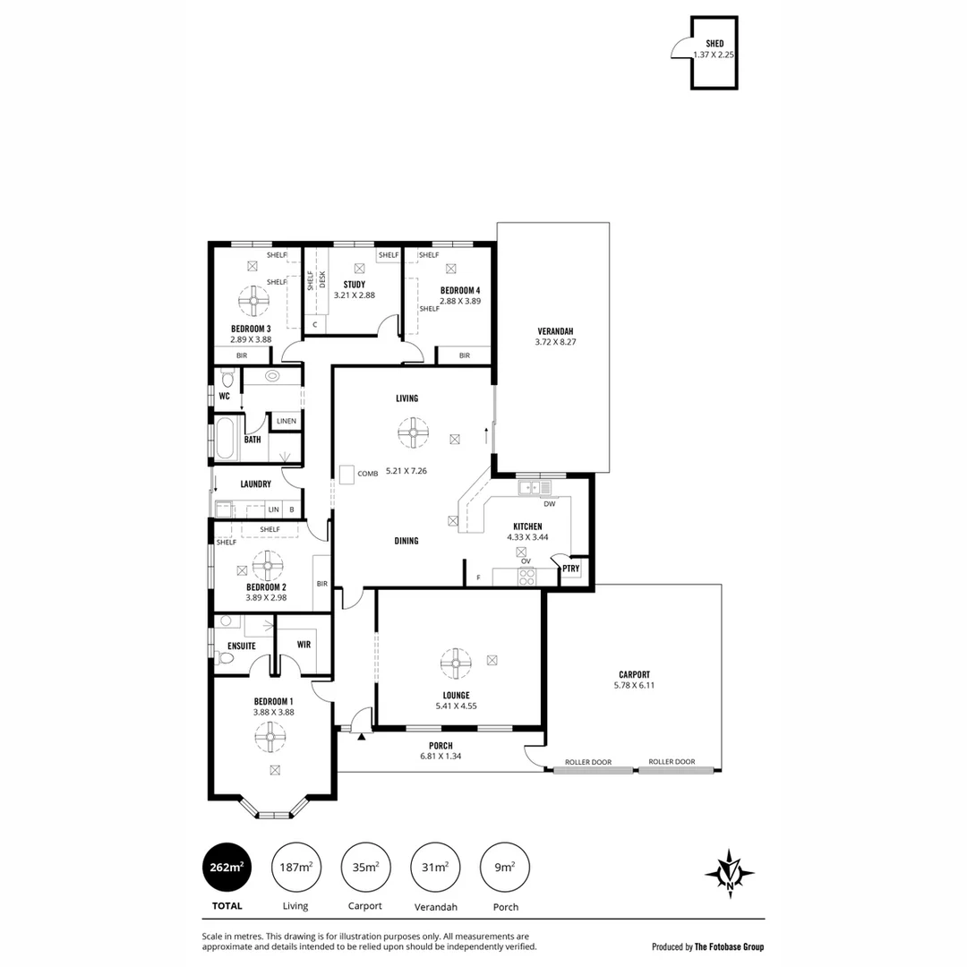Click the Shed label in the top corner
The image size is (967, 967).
(x=715, y=43)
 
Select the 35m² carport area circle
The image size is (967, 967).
(x=365, y=868)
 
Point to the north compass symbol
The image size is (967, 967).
(x=730, y=873)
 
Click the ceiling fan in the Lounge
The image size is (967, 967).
(x=456, y=663)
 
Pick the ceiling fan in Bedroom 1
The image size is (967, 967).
(x=270, y=737)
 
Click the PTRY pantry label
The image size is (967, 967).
(x=570, y=569)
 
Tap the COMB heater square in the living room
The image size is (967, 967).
(x=347, y=473)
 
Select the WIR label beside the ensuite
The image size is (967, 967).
(x=304, y=644)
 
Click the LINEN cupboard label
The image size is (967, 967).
(x=287, y=421)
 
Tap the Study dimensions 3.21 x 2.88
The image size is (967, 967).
(x=354, y=295)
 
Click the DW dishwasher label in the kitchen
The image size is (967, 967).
(x=549, y=504)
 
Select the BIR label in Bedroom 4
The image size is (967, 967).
(x=464, y=355)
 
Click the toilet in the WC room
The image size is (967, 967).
(x=226, y=378)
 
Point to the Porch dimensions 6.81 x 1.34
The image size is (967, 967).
(x=440, y=757)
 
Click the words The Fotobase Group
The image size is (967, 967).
(x=730, y=946)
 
